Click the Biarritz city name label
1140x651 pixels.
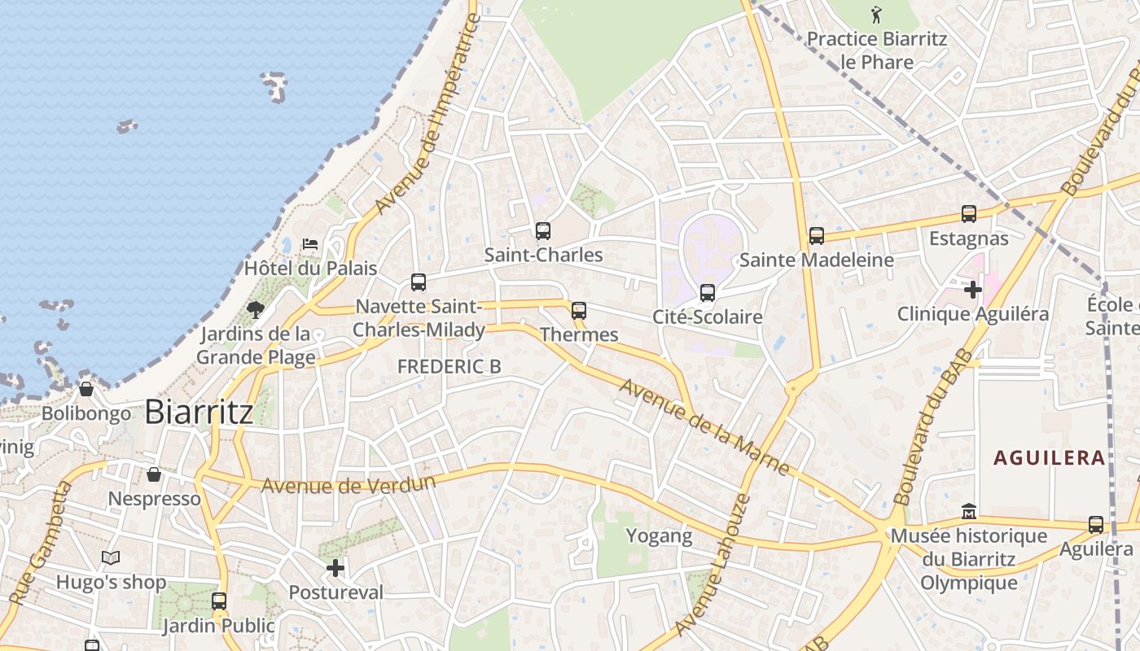[x=199, y=412]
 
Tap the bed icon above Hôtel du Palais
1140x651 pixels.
[x=309, y=243]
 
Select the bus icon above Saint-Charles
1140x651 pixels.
[x=543, y=230]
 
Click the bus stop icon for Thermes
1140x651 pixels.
[x=579, y=310]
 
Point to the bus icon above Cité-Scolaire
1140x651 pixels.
[x=708, y=292]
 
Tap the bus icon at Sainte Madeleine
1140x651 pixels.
[x=817, y=236]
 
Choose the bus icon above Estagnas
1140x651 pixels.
[x=969, y=214]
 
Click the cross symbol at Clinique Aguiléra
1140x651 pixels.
[x=973, y=289]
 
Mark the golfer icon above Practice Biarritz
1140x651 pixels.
[x=876, y=14]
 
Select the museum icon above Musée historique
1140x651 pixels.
[x=969, y=512]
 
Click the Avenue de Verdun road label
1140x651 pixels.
[x=349, y=484]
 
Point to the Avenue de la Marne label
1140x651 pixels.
[x=704, y=426]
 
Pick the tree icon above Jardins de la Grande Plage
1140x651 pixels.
[x=256, y=309]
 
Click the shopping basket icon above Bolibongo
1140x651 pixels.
[x=86, y=389]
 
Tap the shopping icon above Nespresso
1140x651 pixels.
[x=154, y=474]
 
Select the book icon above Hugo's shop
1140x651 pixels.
[x=111, y=558]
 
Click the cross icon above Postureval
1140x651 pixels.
[x=335, y=567]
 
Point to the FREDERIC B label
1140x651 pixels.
[x=449, y=367]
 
